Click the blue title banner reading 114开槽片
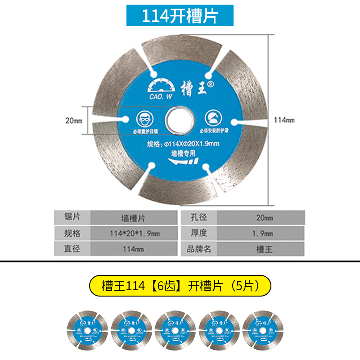[180, 16]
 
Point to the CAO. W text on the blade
[159, 95]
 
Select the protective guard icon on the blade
[214, 117]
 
